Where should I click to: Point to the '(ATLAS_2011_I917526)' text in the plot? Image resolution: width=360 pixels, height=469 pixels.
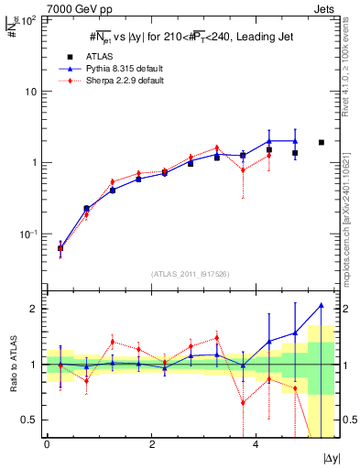191,274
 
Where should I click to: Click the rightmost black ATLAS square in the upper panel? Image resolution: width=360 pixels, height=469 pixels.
322,142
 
